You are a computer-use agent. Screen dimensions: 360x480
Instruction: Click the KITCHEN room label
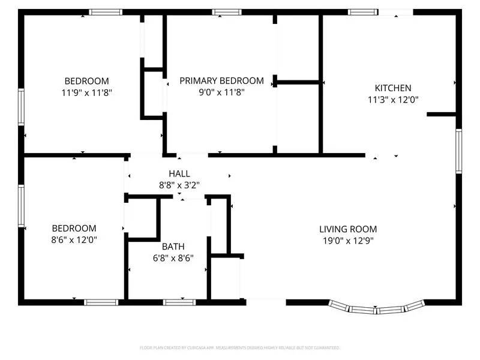coord(393,88)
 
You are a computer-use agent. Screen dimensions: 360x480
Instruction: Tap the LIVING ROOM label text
coord(348,229)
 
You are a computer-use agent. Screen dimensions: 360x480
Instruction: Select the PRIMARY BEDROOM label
coord(221,81)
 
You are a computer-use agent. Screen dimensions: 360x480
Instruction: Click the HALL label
coord(179,174)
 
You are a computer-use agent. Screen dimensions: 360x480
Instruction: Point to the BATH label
coord(173,247)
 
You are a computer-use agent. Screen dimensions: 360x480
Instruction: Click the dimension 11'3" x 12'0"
coord(393,100)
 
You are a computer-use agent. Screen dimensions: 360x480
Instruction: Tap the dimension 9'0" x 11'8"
coord(221,92)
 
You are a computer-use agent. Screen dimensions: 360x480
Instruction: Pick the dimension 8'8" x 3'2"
coord(179,185)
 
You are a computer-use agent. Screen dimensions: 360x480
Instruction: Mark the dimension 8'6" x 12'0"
coord(74,240)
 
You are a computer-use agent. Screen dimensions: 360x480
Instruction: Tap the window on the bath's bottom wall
coord(180,302)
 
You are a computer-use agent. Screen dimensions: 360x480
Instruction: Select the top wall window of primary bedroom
coord(227,12)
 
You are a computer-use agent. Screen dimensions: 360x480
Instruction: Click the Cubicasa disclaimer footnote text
coord(240,347)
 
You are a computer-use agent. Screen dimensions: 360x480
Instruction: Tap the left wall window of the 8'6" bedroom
coord(21,206)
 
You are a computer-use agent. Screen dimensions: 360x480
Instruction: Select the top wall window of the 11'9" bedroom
coord(106,12)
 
